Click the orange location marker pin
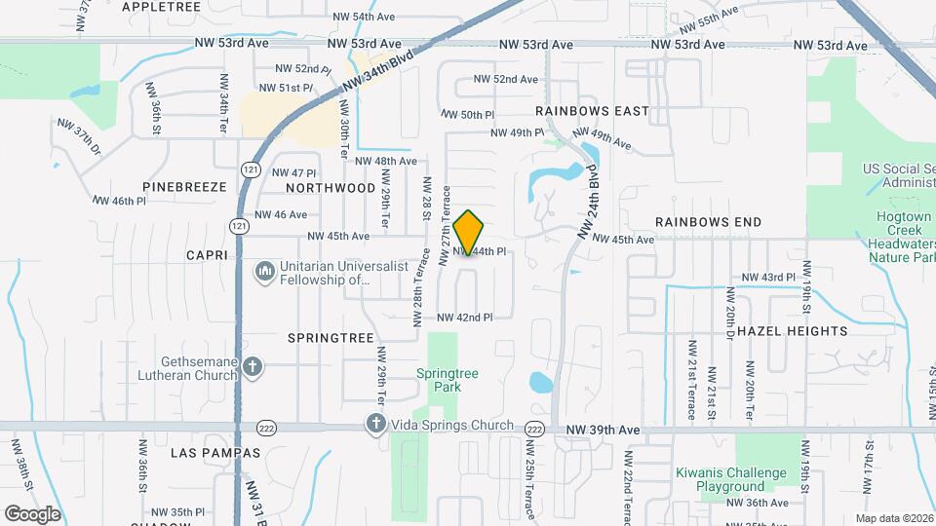click(469, 233)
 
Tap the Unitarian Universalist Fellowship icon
click(263, 272)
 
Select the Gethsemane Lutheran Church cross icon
click(253, 367)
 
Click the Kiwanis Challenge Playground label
click(731, 479)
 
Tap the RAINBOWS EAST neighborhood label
click(592, 111)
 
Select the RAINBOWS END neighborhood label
click(708, 222)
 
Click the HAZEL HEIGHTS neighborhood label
click(793, 331)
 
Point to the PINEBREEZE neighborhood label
click(184, 186)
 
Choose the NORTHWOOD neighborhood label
click(331, 187)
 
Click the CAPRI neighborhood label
click(207, 255)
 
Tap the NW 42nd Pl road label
click(464, 318)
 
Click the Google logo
click(32, 513)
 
